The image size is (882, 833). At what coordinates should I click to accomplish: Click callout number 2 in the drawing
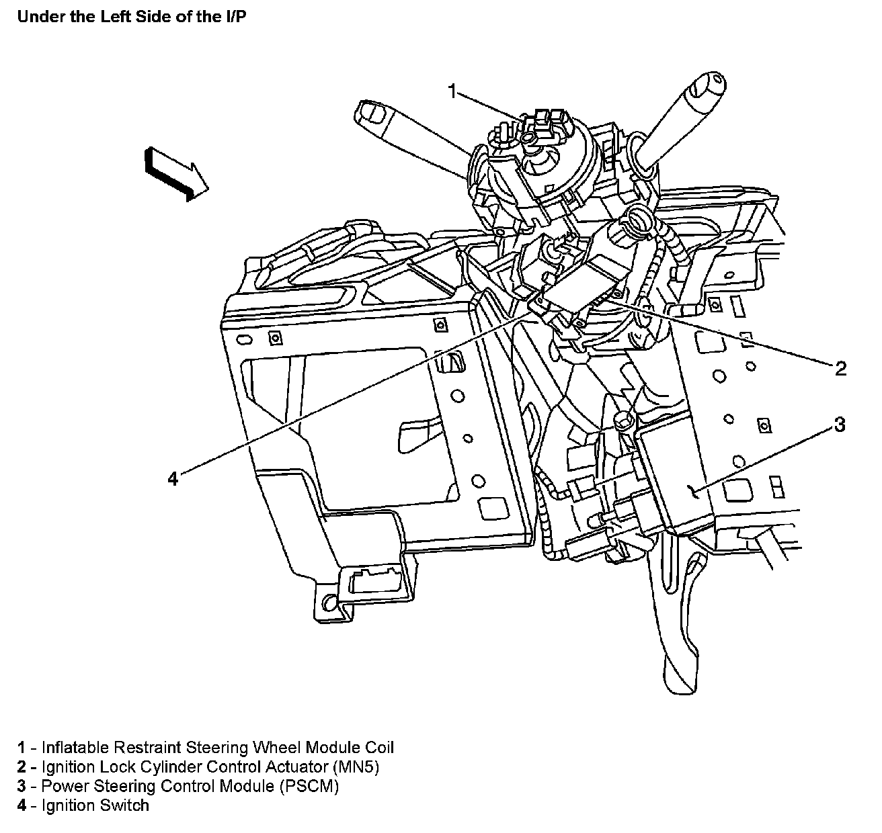click(x=840, y=367)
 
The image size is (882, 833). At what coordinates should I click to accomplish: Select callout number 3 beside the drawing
click(x=840, y=425)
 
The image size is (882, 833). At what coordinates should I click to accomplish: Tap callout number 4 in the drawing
click(x=173, y=478)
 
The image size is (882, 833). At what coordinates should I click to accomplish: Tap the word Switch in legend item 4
click(x=125, y=805)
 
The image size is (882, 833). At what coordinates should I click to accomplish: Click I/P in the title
click(x=235, y=17)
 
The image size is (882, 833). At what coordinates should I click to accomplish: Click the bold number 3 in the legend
click(x=22, y=786)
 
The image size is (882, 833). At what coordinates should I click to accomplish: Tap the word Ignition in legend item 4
click(x=67, y=805)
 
